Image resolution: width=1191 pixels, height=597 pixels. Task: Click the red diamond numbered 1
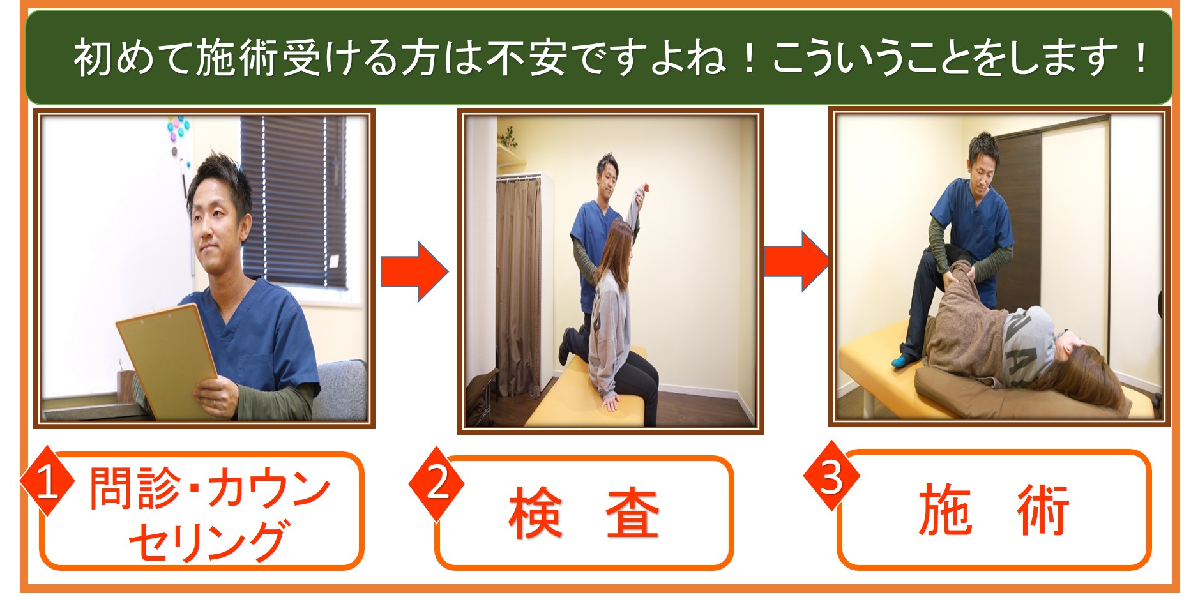[x=46, y=481]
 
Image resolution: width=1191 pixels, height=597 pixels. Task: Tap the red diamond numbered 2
[x=437, y=482]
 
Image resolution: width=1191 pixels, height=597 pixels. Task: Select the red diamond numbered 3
[x=831, y=476]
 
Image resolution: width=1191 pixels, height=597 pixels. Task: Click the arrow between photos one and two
[x=414, y=271]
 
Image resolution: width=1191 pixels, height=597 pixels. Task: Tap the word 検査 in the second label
[x=584, y=513]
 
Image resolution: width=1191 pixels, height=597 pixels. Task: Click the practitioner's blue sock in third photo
[x=904, y=361]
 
